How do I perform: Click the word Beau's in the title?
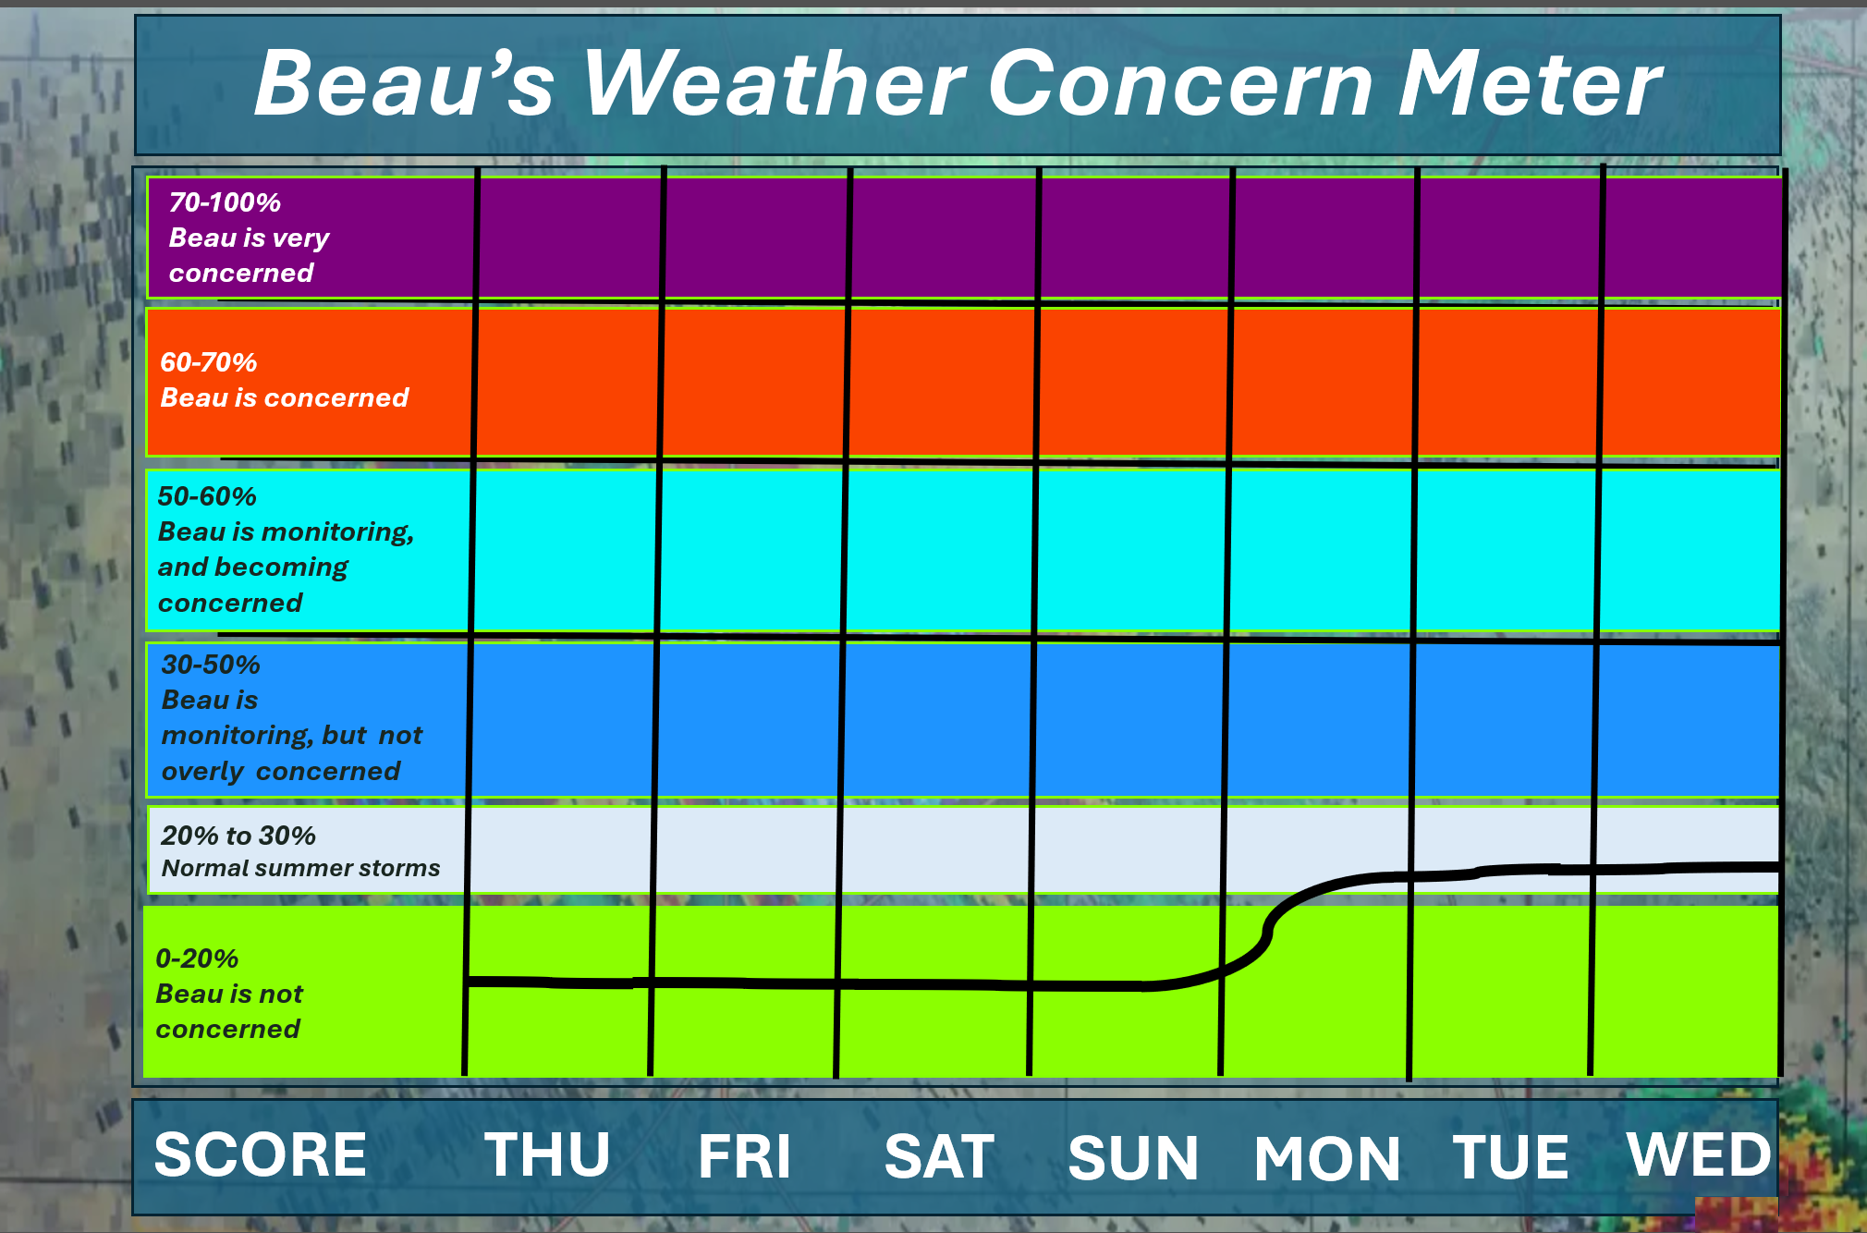click(x=404, y=83)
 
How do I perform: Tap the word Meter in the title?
click(x=1531, y=83)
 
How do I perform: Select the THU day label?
click(x=547, y=1154)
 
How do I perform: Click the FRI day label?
click(x=745, y=1155)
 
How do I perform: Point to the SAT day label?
click(x=939, y=1155)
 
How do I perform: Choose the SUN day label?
click(x=1133, y=1157)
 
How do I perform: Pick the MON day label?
click(x=1327, y=1158)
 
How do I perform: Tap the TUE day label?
click(x=1510, y=1156)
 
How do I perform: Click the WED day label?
click(x=1699, y=1154)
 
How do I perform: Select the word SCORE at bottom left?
click(x=261, y=1154)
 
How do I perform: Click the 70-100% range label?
click(x=225, y=202)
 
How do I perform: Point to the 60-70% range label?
click(x=209, y=362)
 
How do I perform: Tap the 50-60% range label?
click(x=207, y=496)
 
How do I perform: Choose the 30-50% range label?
click(x=211, y=665)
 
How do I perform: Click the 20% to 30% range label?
click(x=238, y=836)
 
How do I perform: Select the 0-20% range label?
click(x=197, y=958)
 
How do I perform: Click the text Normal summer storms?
click(x=300, y=868)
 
